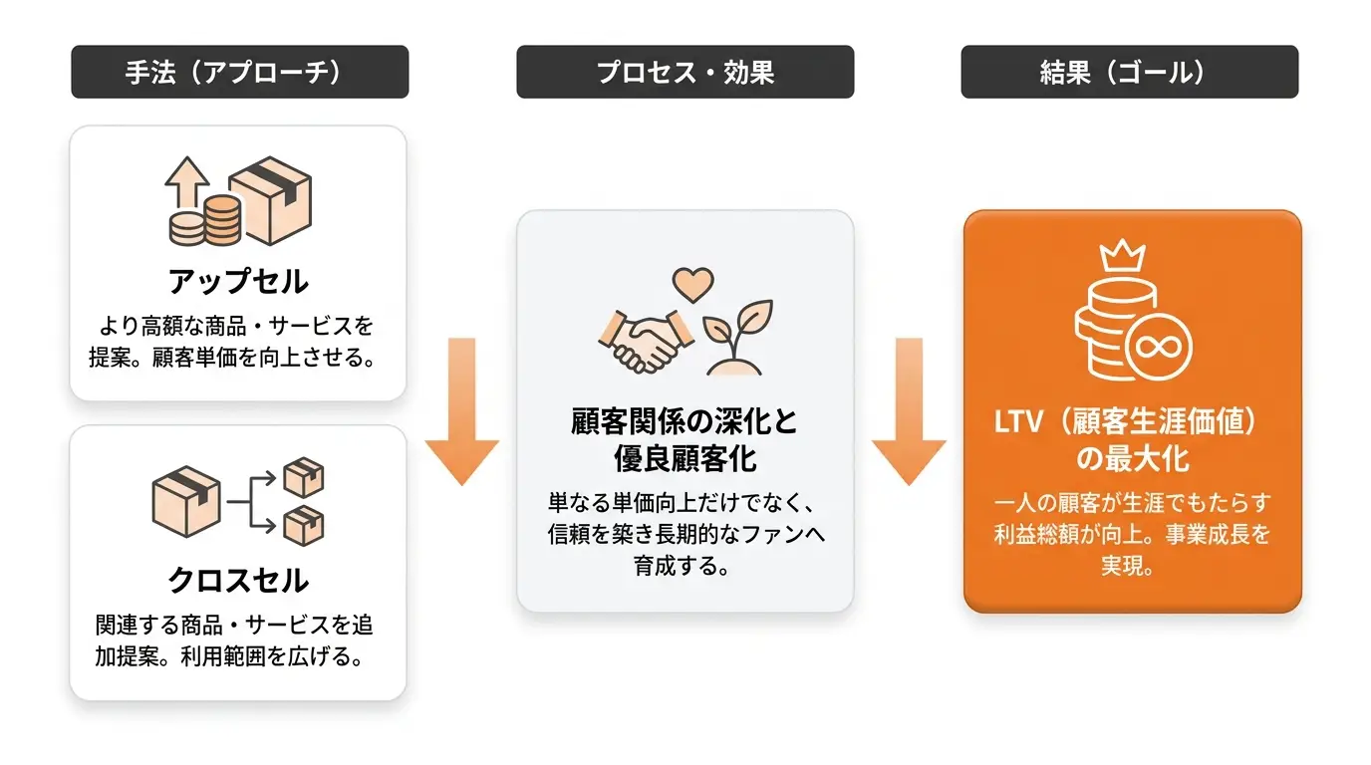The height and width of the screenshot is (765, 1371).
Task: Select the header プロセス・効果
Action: click(685, 72)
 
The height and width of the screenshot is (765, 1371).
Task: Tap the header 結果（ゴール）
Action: click(1130, 72)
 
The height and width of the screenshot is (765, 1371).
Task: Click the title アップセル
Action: click(239, 282)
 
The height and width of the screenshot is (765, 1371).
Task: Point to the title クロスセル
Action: click(239, 580)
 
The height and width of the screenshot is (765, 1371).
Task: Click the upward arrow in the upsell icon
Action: click(187, 181)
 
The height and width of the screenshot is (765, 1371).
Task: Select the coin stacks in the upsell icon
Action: click(205, 221)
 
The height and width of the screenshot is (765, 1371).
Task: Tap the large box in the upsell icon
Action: click(270, 200)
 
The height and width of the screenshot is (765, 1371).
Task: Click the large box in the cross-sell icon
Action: click(186, 502)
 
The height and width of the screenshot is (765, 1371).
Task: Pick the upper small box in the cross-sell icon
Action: click(304, 477)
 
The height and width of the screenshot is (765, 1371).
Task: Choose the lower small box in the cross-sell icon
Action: click(304, 526)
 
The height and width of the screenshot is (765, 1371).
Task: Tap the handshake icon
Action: click(646, 342)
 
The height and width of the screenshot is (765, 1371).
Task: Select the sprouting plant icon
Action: click(737, 337)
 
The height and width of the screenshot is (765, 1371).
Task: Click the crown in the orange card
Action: click(1123, 255)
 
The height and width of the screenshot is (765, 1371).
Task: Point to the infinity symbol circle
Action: click(1159, 347)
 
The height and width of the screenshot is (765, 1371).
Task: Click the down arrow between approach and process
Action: click(462, 411)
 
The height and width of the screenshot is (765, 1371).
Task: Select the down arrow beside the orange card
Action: click(909, 411)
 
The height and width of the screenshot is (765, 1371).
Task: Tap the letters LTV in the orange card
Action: click(1018, 422)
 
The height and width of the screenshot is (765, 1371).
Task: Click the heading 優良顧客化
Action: click(685, 459)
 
